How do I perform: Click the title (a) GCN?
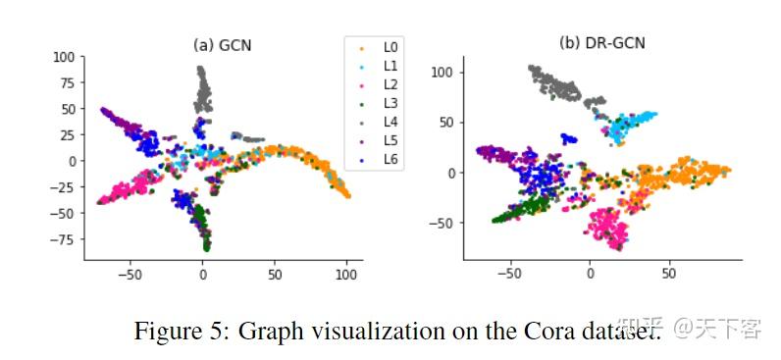222,44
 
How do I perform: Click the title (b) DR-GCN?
601,42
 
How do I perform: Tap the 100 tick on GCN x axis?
345,276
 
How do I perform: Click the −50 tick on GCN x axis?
130,276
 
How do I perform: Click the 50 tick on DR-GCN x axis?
669,276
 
